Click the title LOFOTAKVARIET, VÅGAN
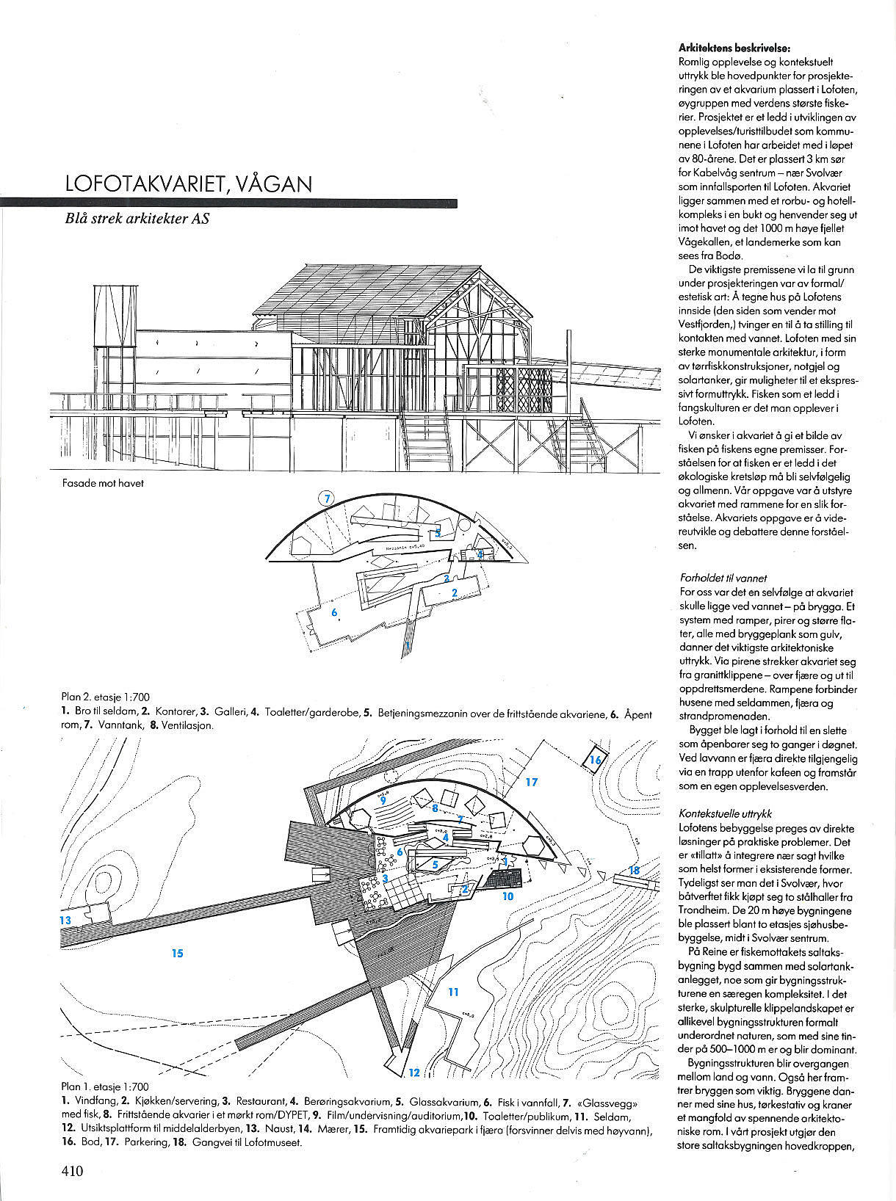click(x=188, y=184)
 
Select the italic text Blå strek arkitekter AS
click(x=137, y=219)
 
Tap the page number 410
click(x=72, y=1171)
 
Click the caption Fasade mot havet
click(x=103, y=483)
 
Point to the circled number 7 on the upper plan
click(x=327, y=498)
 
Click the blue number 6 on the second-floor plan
click(x=334, y=612)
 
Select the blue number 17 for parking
click(x=532, y=782)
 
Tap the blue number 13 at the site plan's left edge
click(x=65, y=920)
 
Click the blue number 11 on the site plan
click(x=453, y=992)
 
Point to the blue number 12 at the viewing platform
click(x=414, y=1073)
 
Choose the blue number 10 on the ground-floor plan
click(x=508, y=896)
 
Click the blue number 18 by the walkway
click(x=635, y=870)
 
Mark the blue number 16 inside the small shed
click(x=595, y=760)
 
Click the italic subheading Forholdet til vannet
click(x=723, y=578)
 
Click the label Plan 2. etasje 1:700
click(x=105, y=697)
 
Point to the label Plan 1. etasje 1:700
click(x=104, y=1086)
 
